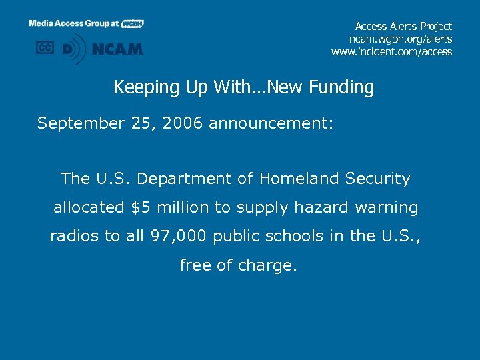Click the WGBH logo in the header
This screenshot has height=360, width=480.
click(x=133, y=23)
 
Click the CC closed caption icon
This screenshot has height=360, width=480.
click(x=45, y=48)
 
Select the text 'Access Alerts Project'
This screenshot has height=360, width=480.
click(x=403, y=26)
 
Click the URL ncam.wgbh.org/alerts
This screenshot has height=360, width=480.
click(x=401, y=39)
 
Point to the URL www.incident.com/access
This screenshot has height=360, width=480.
click(x=391, y=51)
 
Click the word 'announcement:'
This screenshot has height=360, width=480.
click(x=271, y=123)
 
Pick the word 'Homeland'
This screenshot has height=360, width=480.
click(x=299, y=179)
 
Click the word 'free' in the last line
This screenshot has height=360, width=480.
click(x=195, y=265)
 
